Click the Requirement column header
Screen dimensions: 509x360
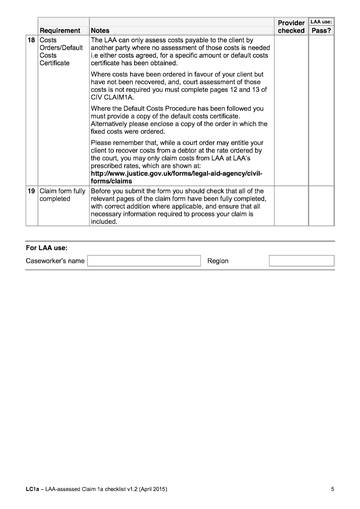[60, 31]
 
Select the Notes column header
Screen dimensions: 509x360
[100, 31]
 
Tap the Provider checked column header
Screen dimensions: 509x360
[291, 27]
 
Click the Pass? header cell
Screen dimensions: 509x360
[321, 31]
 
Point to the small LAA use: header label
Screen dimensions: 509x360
[321, 21]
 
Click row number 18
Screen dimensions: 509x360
[31, 41]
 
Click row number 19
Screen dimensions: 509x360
[31, 191]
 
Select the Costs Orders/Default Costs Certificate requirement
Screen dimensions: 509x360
[55, 52]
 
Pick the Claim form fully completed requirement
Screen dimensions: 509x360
[63, 195]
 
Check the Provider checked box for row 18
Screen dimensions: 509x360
[291, 110]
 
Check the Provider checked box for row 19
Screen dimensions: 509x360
[291, 206]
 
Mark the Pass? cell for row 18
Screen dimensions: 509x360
[321, 110]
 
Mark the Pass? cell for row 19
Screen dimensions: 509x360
[321, 206]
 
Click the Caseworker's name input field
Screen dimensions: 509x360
[144, 261]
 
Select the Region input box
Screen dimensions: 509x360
[301, 261]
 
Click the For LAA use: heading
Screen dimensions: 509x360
[47, 248]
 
